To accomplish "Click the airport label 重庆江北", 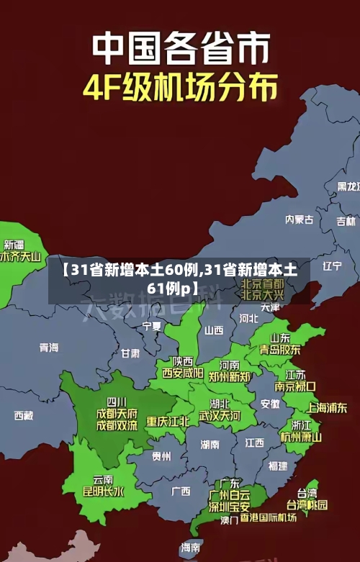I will [168, 421].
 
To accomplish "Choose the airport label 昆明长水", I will [103, 492].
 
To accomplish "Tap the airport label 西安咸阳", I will [182, 373].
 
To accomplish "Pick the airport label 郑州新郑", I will [230, 376].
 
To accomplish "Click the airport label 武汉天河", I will [220, 416].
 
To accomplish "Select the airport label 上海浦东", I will [327, 407].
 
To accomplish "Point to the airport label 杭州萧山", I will [301, 437].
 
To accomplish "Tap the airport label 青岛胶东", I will [280, 350].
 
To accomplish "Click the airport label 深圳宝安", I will [229, 506].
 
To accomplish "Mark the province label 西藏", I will [24, 415].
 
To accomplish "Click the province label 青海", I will [49, 348].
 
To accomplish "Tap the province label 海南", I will [191, 548].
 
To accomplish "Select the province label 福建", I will [277, 466].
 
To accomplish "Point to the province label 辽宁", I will [332, 266].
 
